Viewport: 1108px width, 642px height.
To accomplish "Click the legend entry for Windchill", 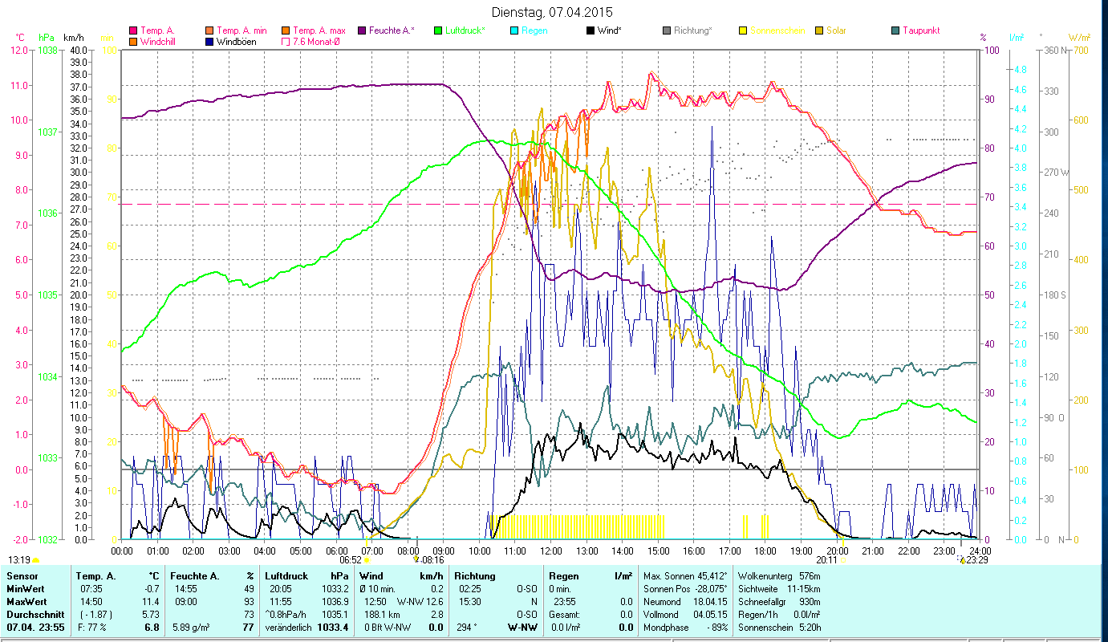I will [159, 41].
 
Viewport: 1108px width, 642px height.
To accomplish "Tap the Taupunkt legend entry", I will [920, 30].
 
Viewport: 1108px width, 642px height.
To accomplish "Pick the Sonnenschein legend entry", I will [777, 30].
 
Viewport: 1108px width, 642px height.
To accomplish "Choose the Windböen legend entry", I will [236, 41].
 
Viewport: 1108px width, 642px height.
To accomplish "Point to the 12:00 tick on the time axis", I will [551, 551].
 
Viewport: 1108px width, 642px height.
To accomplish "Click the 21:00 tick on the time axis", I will [873, 551].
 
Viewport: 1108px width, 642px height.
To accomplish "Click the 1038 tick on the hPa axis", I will [47, 50].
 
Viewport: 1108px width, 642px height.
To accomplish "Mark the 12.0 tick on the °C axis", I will [18, 50].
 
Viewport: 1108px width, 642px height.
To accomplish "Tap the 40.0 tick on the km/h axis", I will [79, 50].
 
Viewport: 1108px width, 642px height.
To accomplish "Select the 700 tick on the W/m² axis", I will [1080, 50].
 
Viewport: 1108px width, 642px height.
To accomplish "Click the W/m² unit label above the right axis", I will [1079, 37].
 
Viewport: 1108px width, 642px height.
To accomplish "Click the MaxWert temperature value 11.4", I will [151, 601].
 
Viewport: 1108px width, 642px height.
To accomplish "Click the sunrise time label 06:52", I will [351, 560].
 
